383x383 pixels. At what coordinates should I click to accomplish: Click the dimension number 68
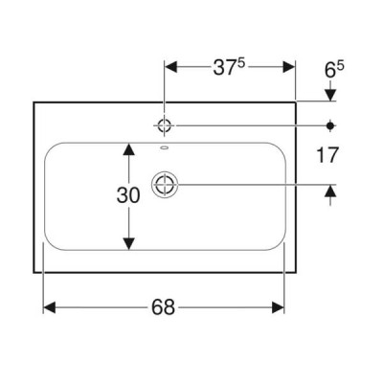pyautogui.click(x=163, y=307)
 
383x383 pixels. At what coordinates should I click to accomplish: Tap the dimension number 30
pyautogui.click(x=128, y=195)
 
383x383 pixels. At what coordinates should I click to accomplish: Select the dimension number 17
pyautogui.click(x=327, y=155)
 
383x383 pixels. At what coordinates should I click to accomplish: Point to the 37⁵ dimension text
pyautogui.click(x=229, y=67)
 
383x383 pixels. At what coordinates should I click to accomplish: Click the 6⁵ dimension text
pyautogui.click(x=334, y=69)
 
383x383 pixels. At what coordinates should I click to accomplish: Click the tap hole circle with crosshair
pyautogui.click(x=165, y=125)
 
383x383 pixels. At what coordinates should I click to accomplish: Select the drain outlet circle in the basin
pyautogui.click(x=165, y=185)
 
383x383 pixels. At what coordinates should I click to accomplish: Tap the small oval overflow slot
pyautogui.click(x=165, y=147)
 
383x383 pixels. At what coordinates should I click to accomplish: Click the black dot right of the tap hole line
pyautogui.click(x=330, y=125)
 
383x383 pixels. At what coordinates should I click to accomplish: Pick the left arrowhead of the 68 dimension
pyautogui.click(x=50, y=307)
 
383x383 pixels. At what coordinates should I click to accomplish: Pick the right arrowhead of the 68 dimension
pyautogui.click(x=278, y=307)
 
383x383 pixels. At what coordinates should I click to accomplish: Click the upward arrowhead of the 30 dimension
pyautogui.click(x=128, y=149)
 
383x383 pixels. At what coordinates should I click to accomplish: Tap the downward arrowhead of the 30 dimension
pyautogui.click(x=128, y=243)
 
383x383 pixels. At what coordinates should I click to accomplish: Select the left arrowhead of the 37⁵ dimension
pyautogui.click(x=170, y=67)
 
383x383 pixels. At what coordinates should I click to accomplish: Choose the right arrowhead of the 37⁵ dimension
pyautogui.click(x=289, y=67)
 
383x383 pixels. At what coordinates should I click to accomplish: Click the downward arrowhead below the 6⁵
pyautogui.click(x=330, y=95)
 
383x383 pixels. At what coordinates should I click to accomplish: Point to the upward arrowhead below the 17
pyautogui.click(x=330, y=191)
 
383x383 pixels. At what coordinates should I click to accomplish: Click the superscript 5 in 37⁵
pyautogui.click(x=241, y=64)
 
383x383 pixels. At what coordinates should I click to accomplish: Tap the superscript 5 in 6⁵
pyautogui.click(x=341, y=66)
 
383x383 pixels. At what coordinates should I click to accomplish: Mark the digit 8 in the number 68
pyautogui.click(x=169, y=307)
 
